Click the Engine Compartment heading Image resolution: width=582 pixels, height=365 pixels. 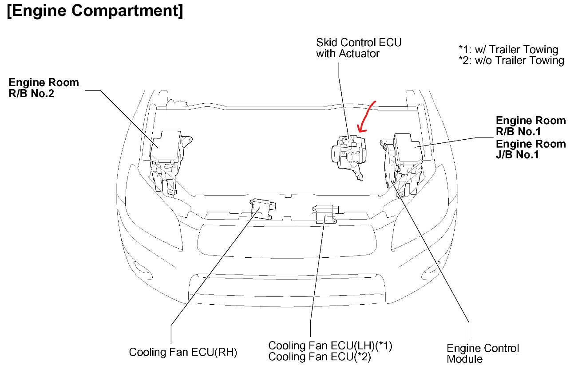[x=95, y=12]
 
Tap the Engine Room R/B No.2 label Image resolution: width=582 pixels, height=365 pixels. [x=44, y=88]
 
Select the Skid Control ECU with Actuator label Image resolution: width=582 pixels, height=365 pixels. [x=359, y=48]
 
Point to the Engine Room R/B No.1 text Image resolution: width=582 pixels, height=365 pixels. [x=531, y=126]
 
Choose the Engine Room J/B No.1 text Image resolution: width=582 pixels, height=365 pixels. [x=531, y=149]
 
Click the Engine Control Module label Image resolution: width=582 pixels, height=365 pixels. [x=483, y=353]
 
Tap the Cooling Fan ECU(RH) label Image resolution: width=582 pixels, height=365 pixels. [x=183, y=353]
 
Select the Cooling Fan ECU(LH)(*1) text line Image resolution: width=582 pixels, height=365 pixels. [x=330, y=345]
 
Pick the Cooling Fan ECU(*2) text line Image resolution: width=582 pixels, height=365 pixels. [x=320, y=356]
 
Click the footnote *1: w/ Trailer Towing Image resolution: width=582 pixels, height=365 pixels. [x=508, y=50]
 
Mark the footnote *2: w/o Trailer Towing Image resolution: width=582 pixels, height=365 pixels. [x=511, y=60]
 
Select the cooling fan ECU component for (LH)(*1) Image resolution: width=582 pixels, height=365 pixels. [x=327, y=214]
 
